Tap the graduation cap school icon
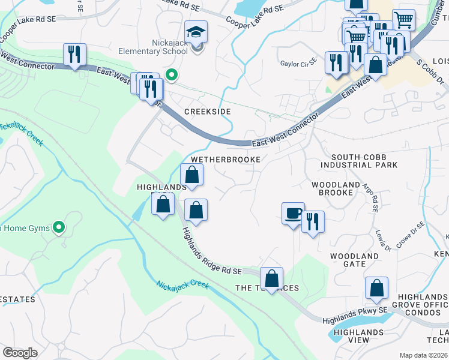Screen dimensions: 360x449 [196, 33]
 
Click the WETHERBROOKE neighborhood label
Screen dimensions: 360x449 [226, 160]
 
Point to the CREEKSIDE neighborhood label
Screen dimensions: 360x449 [208, 112]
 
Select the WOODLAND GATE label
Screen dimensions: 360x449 [355, 260]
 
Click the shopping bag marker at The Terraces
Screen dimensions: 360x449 [272, 278]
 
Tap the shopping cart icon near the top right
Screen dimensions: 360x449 [403, 20]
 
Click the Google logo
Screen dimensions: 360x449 [20, 353]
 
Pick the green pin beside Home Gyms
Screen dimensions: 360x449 [59, 227]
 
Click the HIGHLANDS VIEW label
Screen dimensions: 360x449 [358, 336]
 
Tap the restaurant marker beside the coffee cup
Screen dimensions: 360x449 [313, 221]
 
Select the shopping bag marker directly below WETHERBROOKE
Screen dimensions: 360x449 [192, 175]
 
